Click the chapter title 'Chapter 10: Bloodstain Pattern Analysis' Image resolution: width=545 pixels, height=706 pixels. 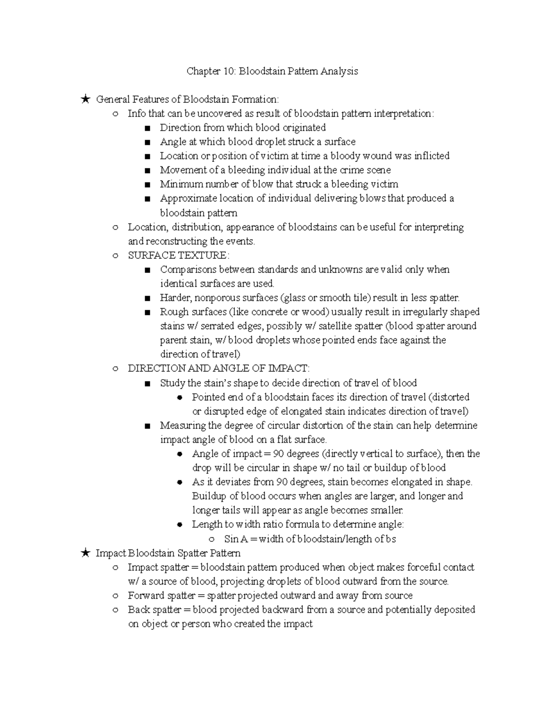pos(272,71)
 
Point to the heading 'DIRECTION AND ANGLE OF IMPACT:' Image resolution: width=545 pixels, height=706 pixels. pos(218,369)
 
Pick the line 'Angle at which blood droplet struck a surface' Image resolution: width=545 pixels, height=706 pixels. pos(258,142)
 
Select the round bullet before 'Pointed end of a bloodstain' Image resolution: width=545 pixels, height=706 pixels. pos(180,398)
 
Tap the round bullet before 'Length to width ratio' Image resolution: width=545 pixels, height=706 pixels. pos(180,525)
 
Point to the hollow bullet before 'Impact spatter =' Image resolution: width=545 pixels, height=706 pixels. pos(116,567)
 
